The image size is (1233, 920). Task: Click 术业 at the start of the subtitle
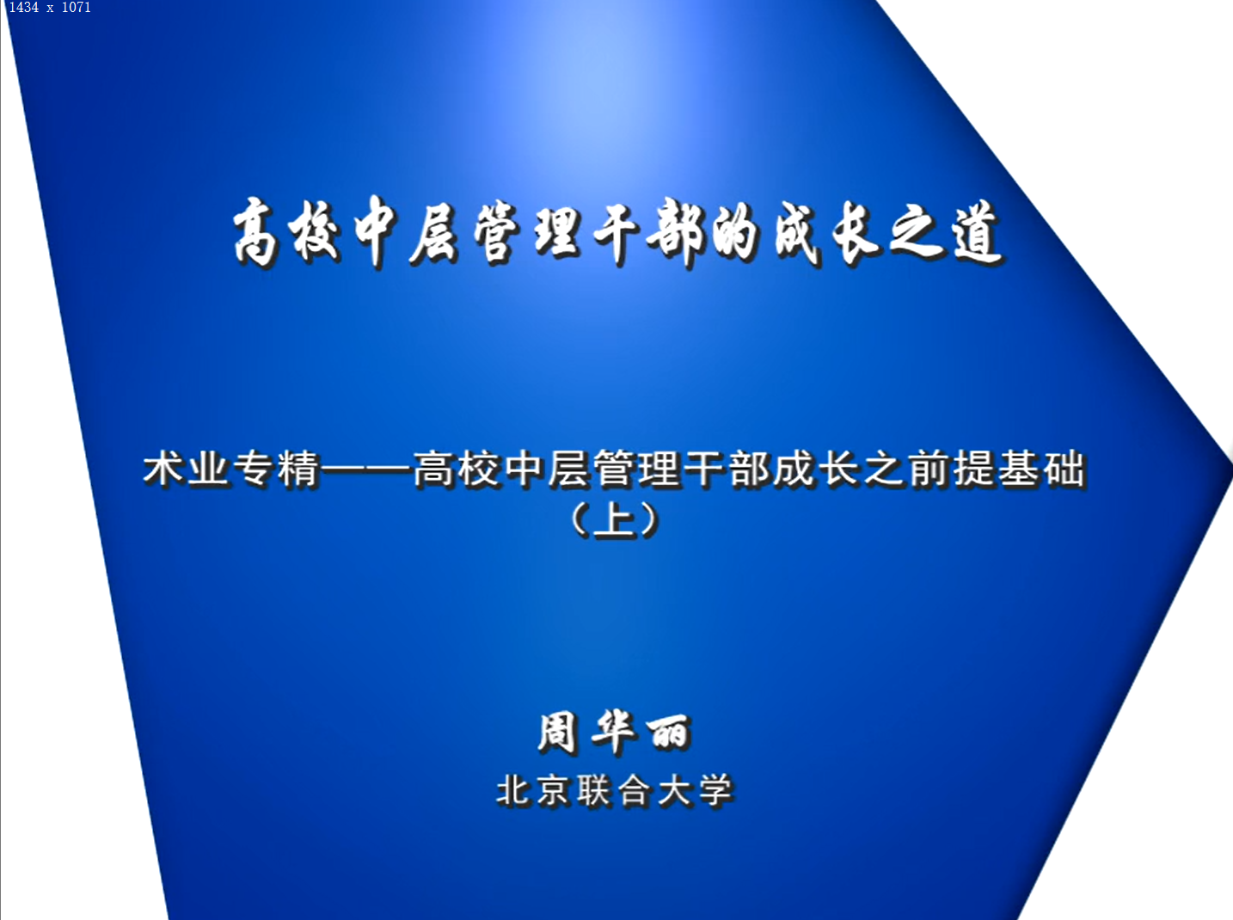coord(185,469)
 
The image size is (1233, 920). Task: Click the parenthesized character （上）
coord(615,520)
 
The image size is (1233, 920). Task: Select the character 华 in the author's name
coord(613,733)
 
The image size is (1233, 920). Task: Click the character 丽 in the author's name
coord(668,733)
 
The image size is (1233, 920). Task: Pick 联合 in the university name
coord(615,791)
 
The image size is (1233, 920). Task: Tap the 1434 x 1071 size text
coord(50,7)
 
